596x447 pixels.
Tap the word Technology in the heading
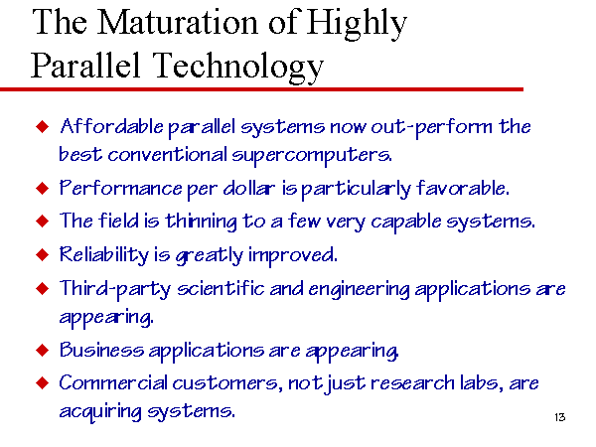pos(238,67)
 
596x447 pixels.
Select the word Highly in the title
pos(357,24)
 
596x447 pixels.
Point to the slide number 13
pos(560,417)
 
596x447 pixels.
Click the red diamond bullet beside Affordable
pos(42,126)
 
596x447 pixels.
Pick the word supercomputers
pos(312,156)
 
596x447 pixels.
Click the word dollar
pos(248,188)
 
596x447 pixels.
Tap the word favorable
pos(463,188)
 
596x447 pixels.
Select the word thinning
pos(201,222)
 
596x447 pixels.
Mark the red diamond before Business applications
pos(42,350)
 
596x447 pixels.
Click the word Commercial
pos(113,382)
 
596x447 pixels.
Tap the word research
pos(412,383)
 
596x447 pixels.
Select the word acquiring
pos(100,412)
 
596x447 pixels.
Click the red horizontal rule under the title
pos(261,89)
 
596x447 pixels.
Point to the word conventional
pos(167,155)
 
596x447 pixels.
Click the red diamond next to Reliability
pos(42,254)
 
